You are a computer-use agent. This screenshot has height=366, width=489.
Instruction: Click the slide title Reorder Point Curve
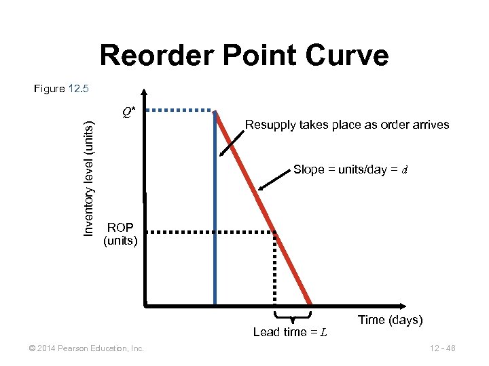point(244,56)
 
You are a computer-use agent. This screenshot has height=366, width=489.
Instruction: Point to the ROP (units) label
point(120,233)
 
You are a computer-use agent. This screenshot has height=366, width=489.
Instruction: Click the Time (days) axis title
point(390,320)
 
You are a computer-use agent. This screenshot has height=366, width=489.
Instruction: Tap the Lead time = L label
point(290,332)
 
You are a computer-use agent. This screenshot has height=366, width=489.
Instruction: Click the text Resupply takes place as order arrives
point(346,125)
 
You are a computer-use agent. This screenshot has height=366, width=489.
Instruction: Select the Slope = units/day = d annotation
point(350,169)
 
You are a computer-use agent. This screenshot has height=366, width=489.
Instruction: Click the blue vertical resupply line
point(215,217)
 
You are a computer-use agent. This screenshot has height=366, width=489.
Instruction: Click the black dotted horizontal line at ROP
point(211,232)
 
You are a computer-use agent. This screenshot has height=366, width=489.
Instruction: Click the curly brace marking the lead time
point(292,316)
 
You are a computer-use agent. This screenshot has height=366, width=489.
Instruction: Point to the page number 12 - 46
point(442,348)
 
